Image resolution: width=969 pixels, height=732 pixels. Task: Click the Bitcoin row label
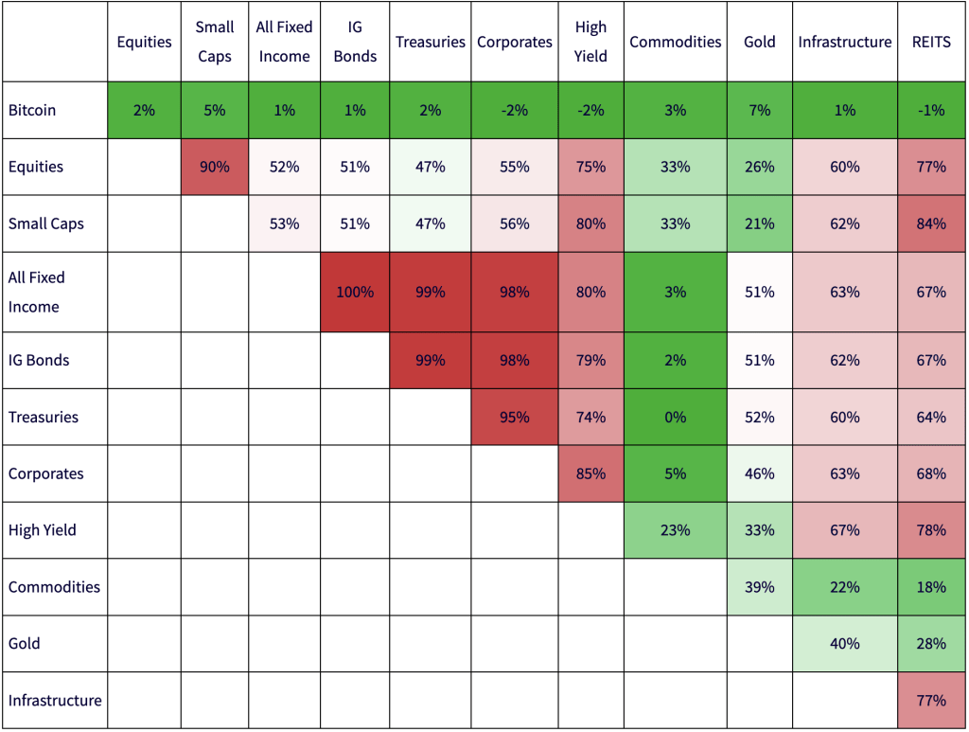[x=32, y=110]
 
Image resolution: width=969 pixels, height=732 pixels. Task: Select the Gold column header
[x=759, y=42]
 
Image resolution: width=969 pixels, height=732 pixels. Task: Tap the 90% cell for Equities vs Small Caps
[x=215, y=167]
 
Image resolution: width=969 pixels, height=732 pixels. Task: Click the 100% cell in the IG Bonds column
[x=355, y=292]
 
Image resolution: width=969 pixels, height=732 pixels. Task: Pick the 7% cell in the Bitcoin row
[x=759, y=110]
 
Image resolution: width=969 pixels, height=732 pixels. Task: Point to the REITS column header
[x=931, y=42]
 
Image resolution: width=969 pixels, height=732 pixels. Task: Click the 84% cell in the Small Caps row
[x=931, y=223]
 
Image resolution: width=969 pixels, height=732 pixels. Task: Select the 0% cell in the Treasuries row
[x=675, y=417]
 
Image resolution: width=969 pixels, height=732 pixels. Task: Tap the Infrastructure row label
[x=55, y=701]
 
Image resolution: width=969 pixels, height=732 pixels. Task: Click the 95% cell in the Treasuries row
[x=515, y=417]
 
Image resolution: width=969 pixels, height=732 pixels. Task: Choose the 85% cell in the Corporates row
[x=590, y=473]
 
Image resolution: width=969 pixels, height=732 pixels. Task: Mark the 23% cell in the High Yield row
[x=675, y=530]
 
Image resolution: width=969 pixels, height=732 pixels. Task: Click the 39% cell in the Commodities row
[x=759, y=587]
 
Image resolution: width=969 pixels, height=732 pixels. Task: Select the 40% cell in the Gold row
[x=844, y=644]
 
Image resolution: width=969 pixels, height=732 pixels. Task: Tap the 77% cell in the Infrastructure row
[x=931, y=701]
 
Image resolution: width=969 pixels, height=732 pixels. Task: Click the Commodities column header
[x=675, y=42]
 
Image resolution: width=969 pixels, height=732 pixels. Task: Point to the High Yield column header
[x=590, y=42]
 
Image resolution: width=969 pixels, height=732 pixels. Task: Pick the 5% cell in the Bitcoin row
[x=215, y=110]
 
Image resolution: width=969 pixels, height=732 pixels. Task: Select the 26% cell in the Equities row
[x=759, y=167]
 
